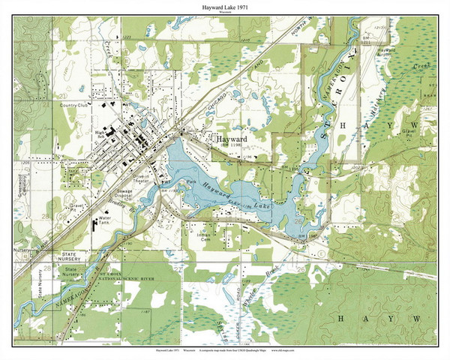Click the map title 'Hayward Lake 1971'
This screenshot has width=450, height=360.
pos(225,7)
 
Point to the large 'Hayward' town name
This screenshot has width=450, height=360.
pos(232,140)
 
